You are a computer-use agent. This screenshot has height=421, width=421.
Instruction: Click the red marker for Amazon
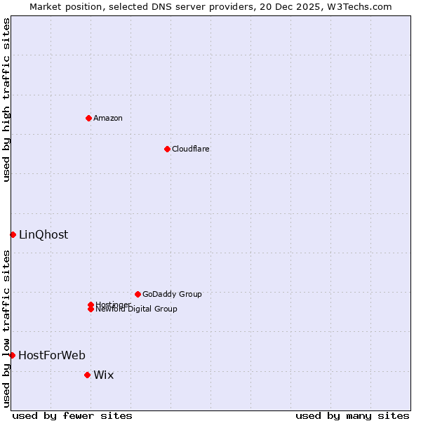[88, 118]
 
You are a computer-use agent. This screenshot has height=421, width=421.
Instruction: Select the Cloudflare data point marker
[167, 149]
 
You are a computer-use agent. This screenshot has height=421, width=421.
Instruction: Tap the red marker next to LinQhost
[13, 234]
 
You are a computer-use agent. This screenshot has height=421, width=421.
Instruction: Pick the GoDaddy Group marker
[138, 294]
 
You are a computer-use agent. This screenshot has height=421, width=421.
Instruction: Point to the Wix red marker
[87, 375]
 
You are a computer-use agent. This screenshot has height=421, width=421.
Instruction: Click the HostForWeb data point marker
[12, 355]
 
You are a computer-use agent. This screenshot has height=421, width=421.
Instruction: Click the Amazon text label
[108, 118]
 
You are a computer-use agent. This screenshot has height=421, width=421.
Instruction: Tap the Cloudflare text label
[191, 149]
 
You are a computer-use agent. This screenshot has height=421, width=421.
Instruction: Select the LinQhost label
[44, 235]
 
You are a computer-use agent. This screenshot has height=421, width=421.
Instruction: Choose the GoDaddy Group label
[172, 294]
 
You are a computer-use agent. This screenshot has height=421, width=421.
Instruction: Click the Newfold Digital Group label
[137, 309]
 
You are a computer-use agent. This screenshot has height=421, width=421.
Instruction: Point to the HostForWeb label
[52, 355]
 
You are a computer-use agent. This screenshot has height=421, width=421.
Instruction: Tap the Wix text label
[104, 375]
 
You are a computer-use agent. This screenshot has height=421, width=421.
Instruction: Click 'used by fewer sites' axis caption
[72, 416]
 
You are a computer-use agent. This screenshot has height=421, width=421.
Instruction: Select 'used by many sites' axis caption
[352, 416]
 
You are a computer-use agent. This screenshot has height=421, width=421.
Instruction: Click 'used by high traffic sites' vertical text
[7, 100]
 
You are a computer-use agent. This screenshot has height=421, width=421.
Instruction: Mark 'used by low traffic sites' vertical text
[7, 328]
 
